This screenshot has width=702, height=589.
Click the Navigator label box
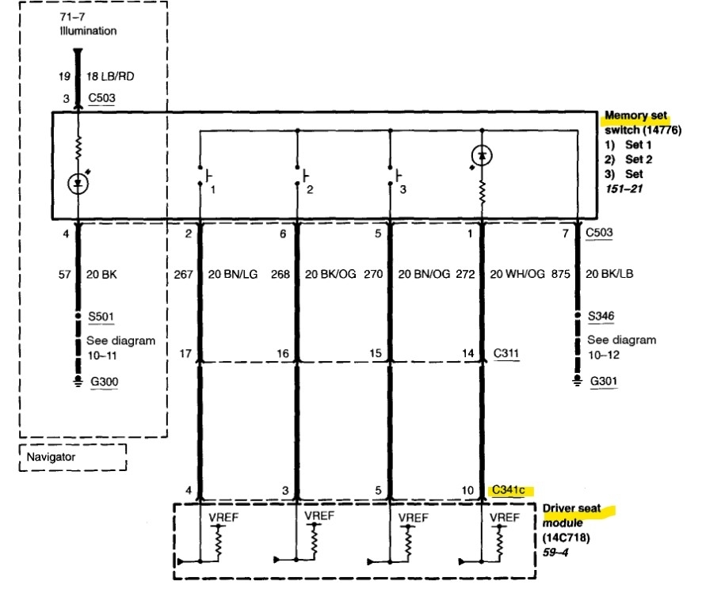point(73,457)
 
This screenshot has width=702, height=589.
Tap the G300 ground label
point(105,382)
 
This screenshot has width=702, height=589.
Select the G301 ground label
point(604,381)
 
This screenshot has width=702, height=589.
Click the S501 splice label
point(101,317)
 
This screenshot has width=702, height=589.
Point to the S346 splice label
point(601,316)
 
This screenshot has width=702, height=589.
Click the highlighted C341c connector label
point(509,490)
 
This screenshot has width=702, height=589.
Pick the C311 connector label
point(506,353)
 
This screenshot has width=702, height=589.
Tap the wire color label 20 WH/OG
point(517,274)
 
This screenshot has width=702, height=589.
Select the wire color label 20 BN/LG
point(233,274)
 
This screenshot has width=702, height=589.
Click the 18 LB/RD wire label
point(110,76)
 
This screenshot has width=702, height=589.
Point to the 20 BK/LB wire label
point(609,274)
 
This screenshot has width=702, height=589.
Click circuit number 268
point(280,274)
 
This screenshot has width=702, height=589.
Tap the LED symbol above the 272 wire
point(482,156)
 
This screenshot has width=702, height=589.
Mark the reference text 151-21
point(624,188)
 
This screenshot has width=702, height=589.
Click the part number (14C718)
point(566,538)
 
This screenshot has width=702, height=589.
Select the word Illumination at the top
point(88,31)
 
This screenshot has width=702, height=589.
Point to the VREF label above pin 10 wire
point(505,518)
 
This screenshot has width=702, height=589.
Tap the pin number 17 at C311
point(185,354)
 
